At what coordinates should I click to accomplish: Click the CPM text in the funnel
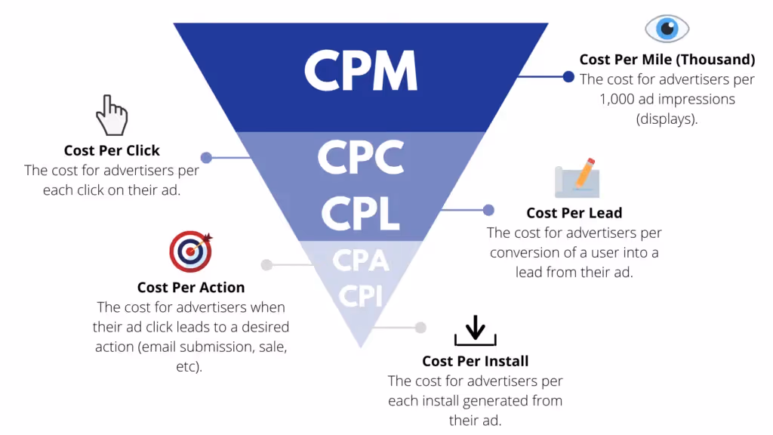(x=361, y=70)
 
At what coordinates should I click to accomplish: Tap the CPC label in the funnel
(x=361, y=157)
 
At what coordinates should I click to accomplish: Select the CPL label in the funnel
(x=360, y=213)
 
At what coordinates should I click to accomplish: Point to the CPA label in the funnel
(x=360, y=260)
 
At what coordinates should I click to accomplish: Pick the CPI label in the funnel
(x=360, y=296)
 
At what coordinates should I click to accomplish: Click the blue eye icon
(x=667, y=29)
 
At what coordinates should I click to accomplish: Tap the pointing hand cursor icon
(x=112, y=115)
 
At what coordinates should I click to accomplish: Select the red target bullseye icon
(x=191, y=251)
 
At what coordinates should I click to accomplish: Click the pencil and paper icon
(x=577, y=177)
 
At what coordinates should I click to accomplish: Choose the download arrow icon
(x=476, y=331)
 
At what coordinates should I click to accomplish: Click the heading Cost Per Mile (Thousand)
(x=667, y=60)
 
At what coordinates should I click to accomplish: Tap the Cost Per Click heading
(x=112, y=150)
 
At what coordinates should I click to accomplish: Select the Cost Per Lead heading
(x=574, y=213)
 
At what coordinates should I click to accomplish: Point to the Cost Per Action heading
(x=191, y=288)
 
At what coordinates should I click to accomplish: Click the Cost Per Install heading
(x=476, y=362)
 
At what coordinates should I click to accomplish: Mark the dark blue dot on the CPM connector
(x=568, y=76)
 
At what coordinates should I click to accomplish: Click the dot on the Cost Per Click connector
(x=206, y=157)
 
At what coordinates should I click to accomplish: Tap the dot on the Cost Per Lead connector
(x=488, y=210)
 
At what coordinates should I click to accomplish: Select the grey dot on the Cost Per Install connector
(x=420, y=328)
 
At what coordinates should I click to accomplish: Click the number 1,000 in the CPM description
(x=616, y=99)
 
